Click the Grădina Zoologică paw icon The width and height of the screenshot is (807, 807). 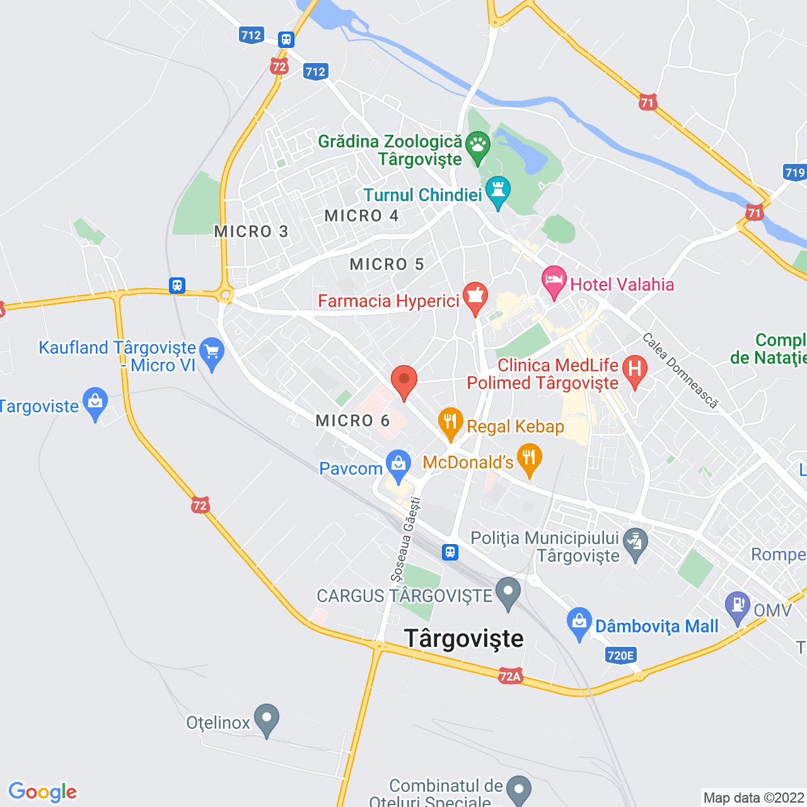point(478,145)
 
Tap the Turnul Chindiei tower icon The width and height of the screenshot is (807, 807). point(498,190)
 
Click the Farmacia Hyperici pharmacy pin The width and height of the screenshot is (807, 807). point(475,296)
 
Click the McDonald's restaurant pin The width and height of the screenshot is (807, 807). point(529,458)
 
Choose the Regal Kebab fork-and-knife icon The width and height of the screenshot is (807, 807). point(450,422)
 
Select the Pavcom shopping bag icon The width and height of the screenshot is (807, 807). point(398,464)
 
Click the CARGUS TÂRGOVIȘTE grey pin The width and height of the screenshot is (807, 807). point(508,592)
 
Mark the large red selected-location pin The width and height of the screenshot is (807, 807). point(404,381)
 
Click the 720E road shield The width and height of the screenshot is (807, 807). point(620,655)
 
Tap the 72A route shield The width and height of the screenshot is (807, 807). point(510,676)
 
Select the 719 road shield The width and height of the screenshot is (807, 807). point(794,172)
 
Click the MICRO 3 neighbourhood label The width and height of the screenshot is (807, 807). point(251,231)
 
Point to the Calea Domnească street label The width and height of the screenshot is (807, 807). point(680,371)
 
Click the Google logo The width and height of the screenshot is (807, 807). point(42,792)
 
